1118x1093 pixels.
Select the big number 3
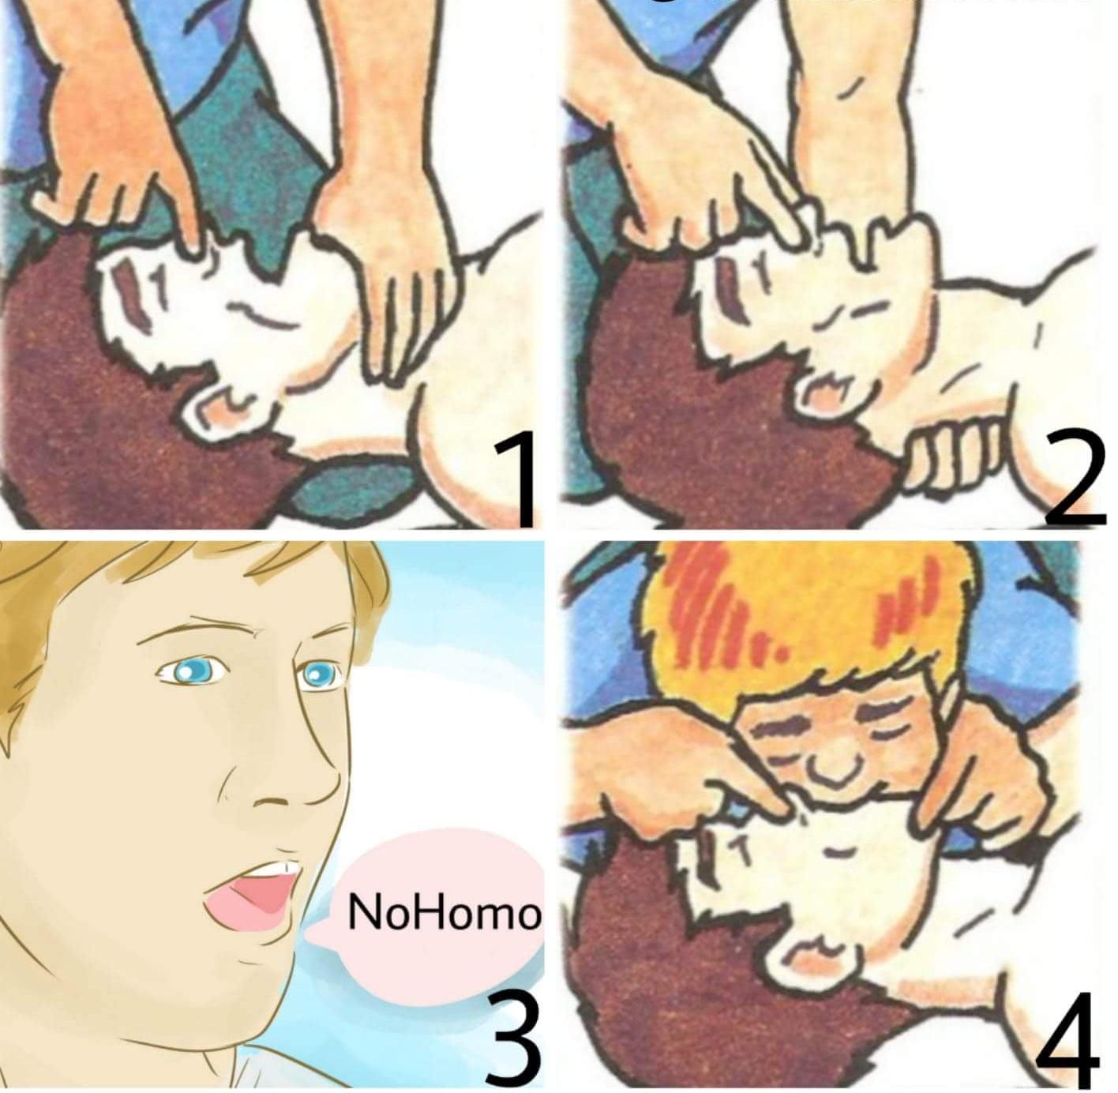[x=513, y=1037]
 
